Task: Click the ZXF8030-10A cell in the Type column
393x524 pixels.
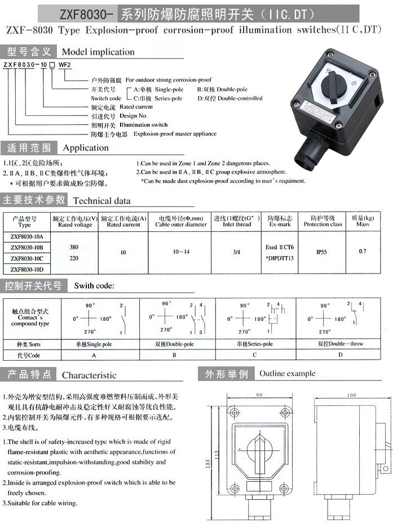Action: [x=27, y=236]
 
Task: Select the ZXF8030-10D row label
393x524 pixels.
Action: [x=27, y=268]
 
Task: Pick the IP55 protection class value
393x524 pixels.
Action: [x=321, y=252]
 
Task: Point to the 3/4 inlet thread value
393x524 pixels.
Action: [x=236, y=252]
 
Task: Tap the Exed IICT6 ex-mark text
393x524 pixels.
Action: [x=280, y=247]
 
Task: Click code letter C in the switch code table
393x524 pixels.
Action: [x=254, y=355]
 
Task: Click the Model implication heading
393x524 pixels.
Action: [x=98, y=52]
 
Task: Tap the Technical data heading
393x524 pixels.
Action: [x=101, y=200]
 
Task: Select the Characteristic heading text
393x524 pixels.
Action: [x=89, y=375]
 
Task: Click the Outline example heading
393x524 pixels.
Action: [x=287, y=373]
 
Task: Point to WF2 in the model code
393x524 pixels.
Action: [x=65, y=65]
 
